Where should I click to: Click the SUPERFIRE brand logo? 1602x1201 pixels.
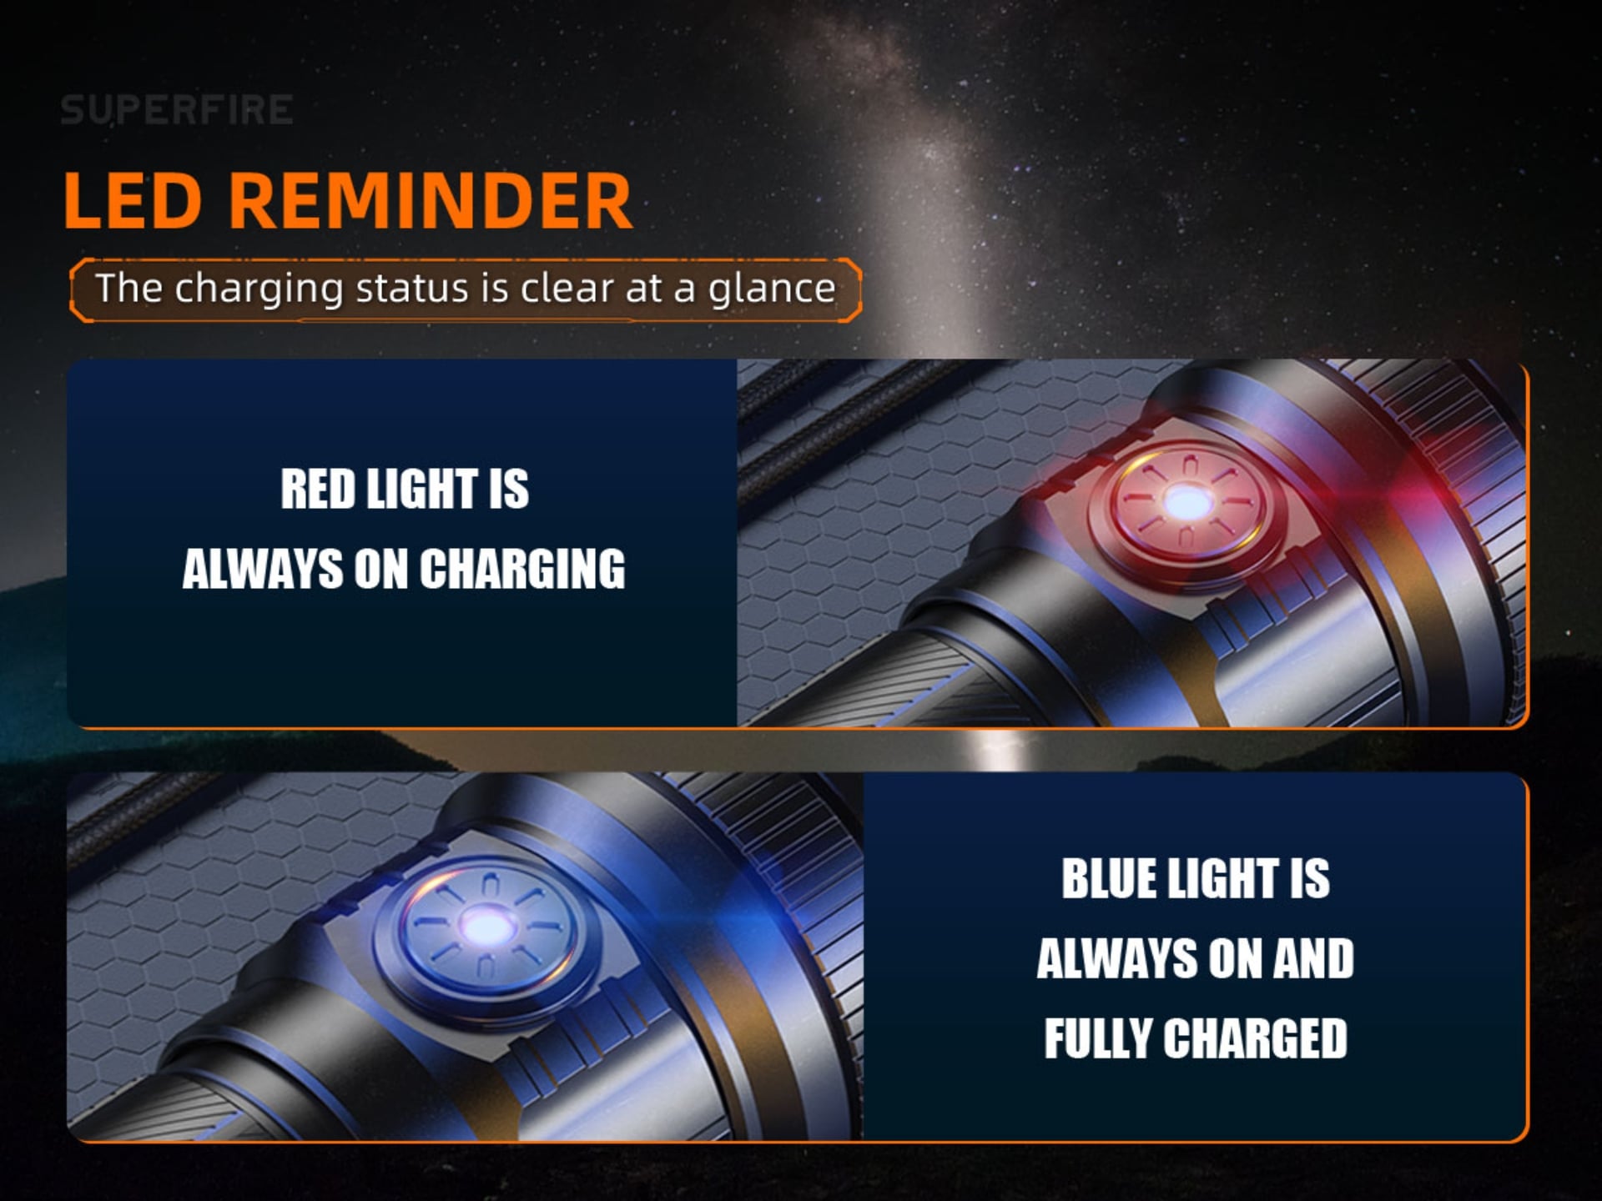pyautogui.click(x=176, y=110)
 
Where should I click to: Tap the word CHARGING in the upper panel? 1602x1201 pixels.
pyautogui.click(x=522, y=569)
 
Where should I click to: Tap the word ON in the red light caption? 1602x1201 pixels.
pyautogui.click(x=380, y=569)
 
